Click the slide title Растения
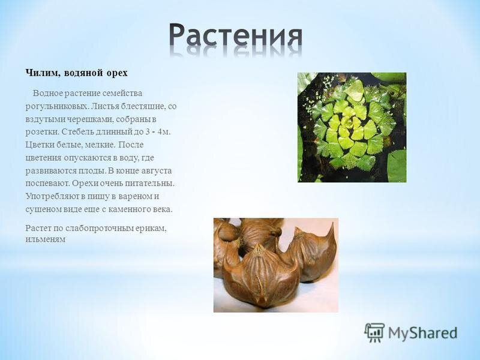click(236, 37)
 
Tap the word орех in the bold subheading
click(117, 74)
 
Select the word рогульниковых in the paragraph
click(56, 106)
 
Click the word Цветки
click(40, 145)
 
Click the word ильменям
click(46, 239)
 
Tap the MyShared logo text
click(423, 333)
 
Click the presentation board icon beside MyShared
click(374, 332)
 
